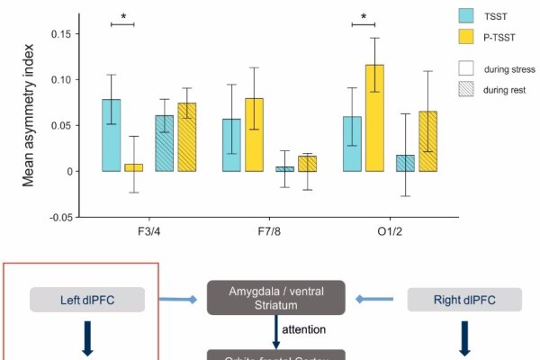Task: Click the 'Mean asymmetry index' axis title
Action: (28, 126)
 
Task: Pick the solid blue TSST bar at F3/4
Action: (111, 135)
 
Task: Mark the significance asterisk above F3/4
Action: (122, 16)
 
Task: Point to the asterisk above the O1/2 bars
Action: (364, 16)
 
